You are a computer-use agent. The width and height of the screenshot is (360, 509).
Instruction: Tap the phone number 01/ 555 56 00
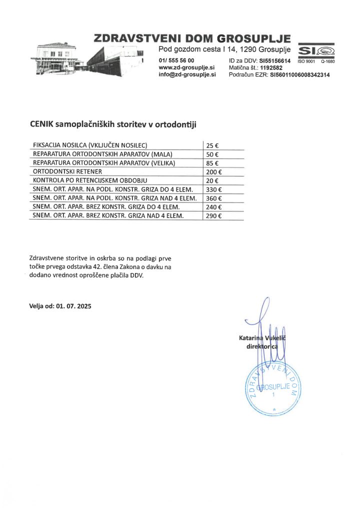point(176,60)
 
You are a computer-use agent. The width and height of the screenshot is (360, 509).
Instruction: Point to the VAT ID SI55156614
point(274,60)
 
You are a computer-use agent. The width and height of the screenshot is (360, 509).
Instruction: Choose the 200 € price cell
point(214,171)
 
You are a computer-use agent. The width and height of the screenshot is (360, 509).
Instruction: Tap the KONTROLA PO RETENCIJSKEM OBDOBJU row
point(90,180)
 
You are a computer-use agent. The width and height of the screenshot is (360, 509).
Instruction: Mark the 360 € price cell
point(214,198)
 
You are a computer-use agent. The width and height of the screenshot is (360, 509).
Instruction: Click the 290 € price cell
point(214,215)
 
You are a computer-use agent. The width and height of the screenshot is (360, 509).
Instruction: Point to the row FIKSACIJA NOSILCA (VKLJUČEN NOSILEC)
point(89,145)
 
